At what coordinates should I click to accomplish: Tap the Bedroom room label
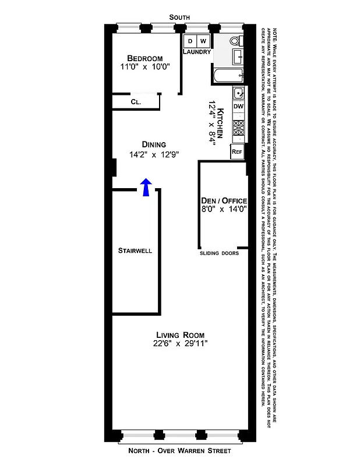click(145, 58)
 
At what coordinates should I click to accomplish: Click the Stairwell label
click(135, 251)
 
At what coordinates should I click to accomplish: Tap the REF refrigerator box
click(237, 151)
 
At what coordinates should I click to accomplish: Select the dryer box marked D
click(190, 41)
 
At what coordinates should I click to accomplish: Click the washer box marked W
click(203, 41)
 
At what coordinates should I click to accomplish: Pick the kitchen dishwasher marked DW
click(238, 107)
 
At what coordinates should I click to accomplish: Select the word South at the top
click(179, 18)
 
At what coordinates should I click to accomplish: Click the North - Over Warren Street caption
click(180, 451)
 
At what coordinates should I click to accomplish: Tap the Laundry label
click(197, 52)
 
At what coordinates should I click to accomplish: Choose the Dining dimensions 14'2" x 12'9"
click(154, 155)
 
